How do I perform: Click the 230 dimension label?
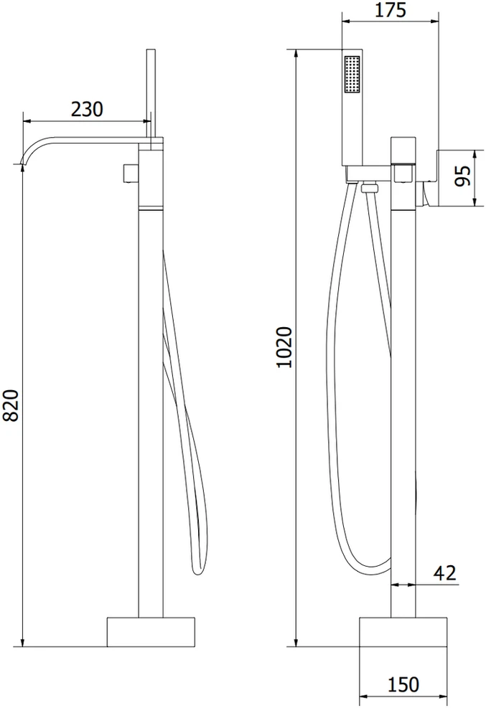click(87, 109)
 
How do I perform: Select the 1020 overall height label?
click(284, 346)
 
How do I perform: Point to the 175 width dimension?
click(391, 10)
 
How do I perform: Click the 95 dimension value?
click(462, 176)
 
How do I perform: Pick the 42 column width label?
click(445, 572)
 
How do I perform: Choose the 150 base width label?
click(403, 684)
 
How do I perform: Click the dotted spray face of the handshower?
click(352, 75)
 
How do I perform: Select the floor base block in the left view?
click(151, 632)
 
